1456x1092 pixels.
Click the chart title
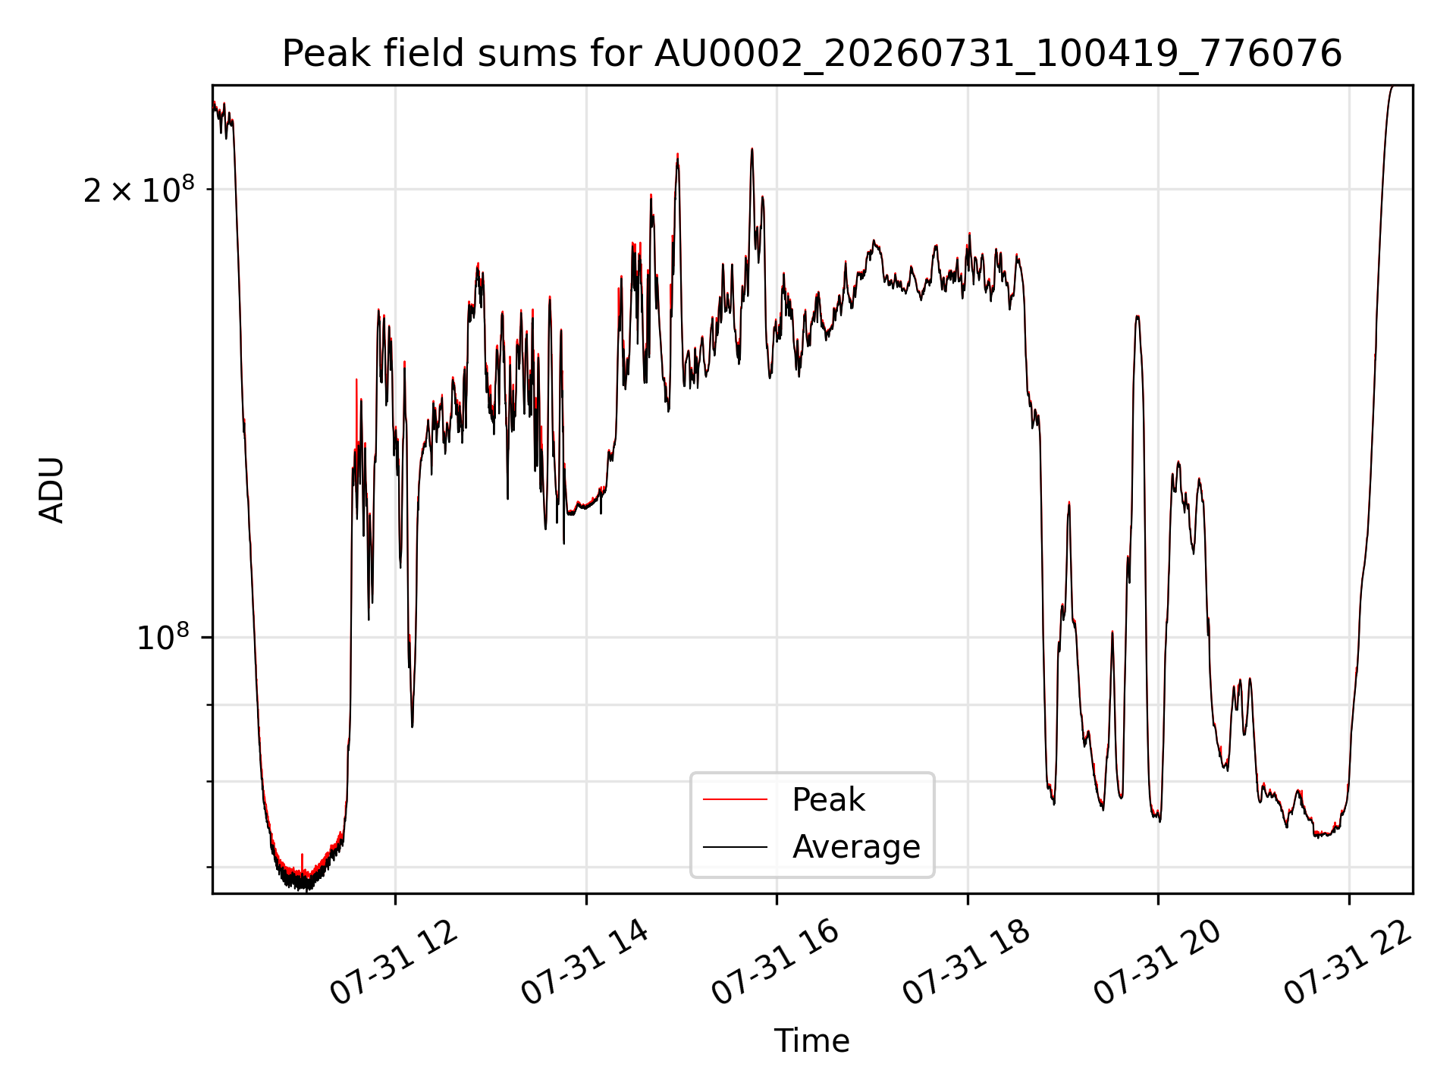[x=812, y=54]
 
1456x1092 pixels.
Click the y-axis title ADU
[x=52, y=490]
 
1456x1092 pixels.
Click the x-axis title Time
[x=811, y=1040]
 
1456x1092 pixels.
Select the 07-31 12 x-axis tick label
[x=394, y=962]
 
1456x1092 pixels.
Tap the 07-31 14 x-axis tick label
[x=585, y=962]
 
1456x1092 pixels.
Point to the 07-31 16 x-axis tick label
[x=775, y=962]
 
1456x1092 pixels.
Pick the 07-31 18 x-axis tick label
[x=966, y=962]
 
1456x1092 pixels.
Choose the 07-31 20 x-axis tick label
[x=1157, y=962]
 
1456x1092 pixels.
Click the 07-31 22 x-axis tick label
[x=1348, y=962]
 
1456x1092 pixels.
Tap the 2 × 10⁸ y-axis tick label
[x=139, y=190]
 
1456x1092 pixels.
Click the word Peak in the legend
[x=828, y=800]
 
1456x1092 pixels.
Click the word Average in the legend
[x=856, y=847]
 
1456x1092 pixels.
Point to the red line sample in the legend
[x=735, y=799]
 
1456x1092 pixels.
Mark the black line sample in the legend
[x=735, y=846]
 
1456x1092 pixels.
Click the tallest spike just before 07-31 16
[x=752, y=149]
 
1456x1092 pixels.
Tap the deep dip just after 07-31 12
[x=412, y=726]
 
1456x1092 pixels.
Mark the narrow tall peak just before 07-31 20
[x=1137, y=317]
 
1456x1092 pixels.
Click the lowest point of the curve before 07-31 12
[x=305, y=889]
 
